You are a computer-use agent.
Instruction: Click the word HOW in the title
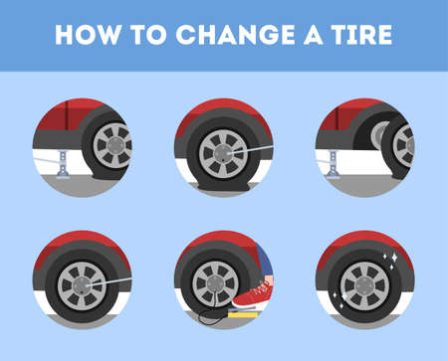(x=88, y=35)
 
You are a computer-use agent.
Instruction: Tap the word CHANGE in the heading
(x=235, y=35)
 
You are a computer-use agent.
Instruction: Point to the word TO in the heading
(x=148, y=35)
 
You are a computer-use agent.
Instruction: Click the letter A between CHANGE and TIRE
(x=314, y=35)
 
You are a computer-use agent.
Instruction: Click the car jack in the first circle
(x=63, y=164)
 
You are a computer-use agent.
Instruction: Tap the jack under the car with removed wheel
(x=333, y=164)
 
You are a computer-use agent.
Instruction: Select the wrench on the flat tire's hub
(x=251, y=150)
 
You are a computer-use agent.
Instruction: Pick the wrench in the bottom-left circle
(x=110, y=281)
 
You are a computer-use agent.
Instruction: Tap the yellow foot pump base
(x=242, y=313)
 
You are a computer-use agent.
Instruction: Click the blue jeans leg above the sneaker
(x=265, y=262)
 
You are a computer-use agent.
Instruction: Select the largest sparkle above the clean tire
(x=394, y=258)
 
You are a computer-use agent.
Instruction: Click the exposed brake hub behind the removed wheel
(x=380, y=135)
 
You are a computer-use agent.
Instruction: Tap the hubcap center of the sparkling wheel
(x=364, y=286)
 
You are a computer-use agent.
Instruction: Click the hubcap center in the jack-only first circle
(x=113, y=145)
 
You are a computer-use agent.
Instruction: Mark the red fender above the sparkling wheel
(x=365, y=241)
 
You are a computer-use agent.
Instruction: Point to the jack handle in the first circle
(x=47, y=162)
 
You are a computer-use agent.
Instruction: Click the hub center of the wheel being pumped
(x=215, y=284)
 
